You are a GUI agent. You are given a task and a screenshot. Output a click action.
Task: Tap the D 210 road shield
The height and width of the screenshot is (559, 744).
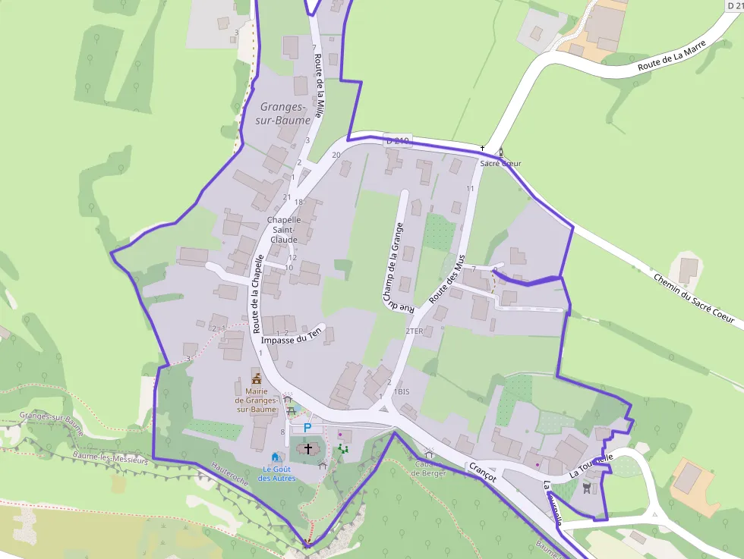tap(397, 141)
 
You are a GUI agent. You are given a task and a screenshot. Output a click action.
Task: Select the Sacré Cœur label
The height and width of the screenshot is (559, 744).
tap(500, 163)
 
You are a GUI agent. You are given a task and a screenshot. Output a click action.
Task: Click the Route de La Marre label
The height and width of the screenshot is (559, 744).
tap(672, 55)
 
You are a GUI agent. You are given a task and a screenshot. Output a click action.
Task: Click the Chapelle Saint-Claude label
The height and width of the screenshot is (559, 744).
tap(284, 230)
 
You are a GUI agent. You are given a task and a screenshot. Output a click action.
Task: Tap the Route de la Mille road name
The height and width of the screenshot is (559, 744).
tap(320, 87)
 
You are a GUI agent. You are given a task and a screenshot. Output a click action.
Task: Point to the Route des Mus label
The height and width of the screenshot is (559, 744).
tap(447, 280)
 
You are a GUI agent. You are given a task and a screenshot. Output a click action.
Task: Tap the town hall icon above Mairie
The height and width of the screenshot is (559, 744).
tap(257, 377)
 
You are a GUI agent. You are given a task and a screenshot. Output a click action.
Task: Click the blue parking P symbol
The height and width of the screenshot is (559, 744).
tap(307, 428)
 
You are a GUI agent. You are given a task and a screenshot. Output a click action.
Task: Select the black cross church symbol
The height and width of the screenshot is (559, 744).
tap(308, 449)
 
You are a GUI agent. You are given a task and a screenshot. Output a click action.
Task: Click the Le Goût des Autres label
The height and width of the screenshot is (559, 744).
tap(276, 473)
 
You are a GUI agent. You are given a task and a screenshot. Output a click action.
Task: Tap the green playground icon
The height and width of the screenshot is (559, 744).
tap(342, 449)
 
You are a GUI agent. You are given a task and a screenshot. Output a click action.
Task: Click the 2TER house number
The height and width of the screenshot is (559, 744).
tap(414, 331)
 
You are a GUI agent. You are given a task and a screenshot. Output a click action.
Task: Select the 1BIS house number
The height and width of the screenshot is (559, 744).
tap(402, 392)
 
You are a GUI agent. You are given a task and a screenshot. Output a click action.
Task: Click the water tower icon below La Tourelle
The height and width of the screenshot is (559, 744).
tap(585, 488)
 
